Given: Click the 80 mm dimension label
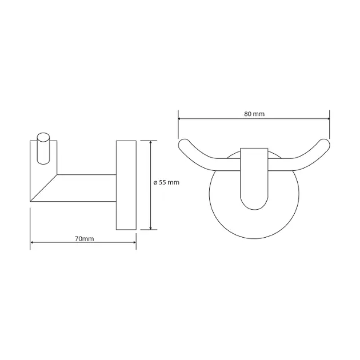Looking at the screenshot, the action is point(254,114).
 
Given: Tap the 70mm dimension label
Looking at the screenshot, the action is point(85,239).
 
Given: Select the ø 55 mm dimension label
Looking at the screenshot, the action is point(166,182).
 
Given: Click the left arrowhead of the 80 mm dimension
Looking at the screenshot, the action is point(180,119).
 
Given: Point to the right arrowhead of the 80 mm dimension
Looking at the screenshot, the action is point(328,119).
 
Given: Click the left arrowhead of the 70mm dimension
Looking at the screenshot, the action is point(32,242).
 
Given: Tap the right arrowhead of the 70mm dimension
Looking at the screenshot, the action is point(134,242).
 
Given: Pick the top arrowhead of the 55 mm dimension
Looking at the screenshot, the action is point(150,142).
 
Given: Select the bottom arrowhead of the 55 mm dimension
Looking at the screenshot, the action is point(150,227).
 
